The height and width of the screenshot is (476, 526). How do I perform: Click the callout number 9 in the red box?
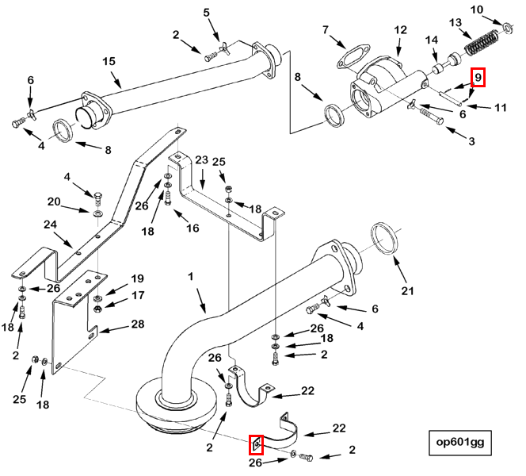[478, 78]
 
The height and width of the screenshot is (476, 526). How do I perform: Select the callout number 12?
[400, 30]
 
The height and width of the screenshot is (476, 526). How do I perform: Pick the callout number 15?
[109, 61]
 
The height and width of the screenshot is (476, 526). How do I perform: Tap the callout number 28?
[137, 325]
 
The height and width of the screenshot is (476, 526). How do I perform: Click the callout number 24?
[50, 225]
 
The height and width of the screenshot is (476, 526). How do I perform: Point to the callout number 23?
[200, 160]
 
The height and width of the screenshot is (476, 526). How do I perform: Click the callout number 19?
[137, 278]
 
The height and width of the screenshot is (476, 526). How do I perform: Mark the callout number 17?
[137, 295]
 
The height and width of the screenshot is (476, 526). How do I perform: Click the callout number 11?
[500, 107]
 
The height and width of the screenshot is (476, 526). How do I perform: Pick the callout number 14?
[432, 40]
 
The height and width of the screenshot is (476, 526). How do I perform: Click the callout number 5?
[207, 13]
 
